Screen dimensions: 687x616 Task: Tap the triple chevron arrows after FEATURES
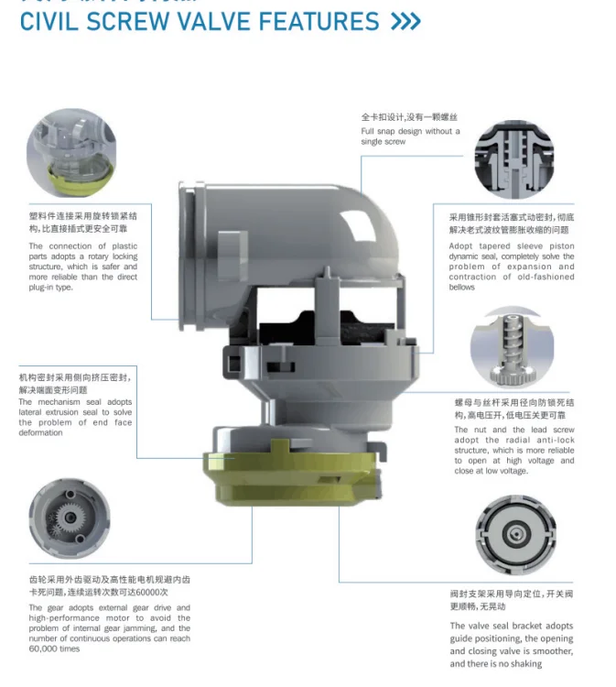coord(405,21)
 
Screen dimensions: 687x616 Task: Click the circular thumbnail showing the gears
coord(70,518)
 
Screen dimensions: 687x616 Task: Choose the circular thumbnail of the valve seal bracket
coord(514,535)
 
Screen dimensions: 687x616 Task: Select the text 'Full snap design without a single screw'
coord(409,136)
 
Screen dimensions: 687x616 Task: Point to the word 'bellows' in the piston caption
coord(462,288)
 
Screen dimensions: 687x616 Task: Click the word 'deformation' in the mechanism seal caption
coord(41,432)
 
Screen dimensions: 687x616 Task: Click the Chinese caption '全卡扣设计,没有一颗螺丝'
coord(408,117)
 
